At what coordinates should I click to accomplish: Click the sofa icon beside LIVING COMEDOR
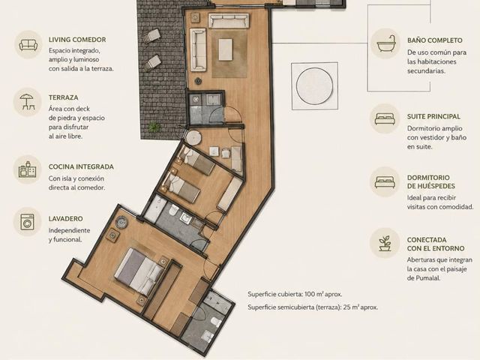(28, 45)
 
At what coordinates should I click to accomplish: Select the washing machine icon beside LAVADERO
(28, 222)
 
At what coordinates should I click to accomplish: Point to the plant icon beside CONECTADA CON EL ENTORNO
(385, 243)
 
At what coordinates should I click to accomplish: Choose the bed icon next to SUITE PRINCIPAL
(385, 119)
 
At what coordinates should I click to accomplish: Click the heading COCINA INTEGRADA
(81, 166)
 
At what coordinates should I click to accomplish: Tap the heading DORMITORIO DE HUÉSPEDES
(431, 181)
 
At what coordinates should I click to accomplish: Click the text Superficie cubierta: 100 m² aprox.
(295, 294)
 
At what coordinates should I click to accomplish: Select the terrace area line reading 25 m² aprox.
(313, 307)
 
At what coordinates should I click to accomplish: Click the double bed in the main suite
(140, 271)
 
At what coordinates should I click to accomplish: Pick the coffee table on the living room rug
(226, 49)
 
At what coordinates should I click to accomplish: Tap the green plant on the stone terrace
(154, 127)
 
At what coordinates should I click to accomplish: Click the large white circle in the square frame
(314, 85)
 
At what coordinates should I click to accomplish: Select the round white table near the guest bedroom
(193, 138)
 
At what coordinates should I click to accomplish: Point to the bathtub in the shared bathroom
(154, 208)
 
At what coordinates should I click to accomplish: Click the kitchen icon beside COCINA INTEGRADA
(28, 169)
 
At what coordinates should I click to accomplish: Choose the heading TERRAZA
(63, 97)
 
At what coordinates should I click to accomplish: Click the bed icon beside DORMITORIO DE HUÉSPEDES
(385, 181)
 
